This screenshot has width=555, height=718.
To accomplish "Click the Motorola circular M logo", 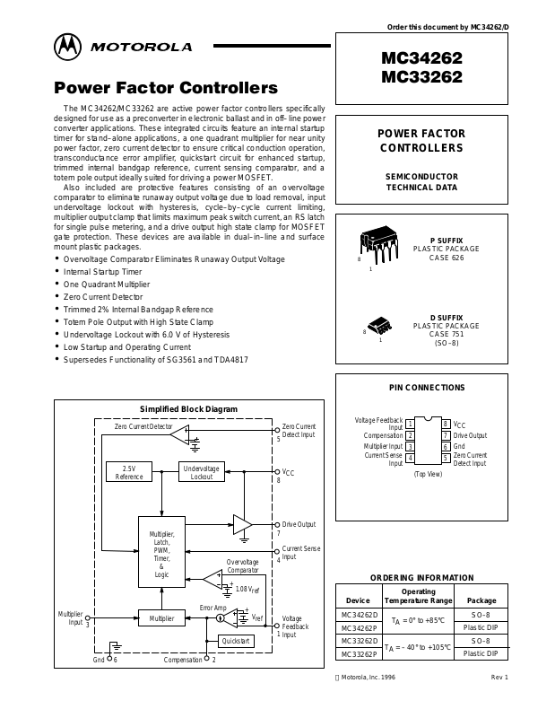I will point(66,46).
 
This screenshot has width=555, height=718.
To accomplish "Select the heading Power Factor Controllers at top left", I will point(166,88).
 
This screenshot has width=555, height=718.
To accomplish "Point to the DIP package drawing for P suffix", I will point(380,244).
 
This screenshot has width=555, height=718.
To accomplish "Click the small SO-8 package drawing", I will point(380,325).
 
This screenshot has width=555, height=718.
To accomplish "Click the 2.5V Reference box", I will point(128,472).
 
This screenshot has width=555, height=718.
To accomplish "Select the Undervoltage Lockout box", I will point(202,472).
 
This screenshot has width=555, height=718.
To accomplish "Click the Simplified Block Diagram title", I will point(188,409).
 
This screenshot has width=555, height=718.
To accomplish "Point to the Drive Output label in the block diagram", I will point(299,524).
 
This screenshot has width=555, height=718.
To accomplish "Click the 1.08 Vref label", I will point(248,590).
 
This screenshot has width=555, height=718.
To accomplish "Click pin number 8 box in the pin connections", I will point(446,424).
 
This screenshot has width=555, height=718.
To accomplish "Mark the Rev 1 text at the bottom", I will point(499,677).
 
